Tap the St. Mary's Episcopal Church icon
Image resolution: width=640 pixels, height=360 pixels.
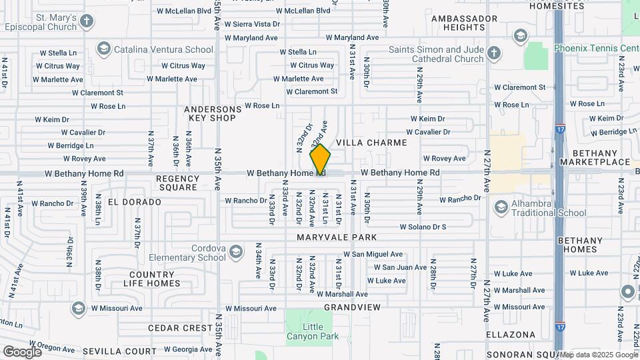tap(86, 21)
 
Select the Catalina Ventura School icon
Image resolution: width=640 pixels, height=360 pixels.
tap(103, 49)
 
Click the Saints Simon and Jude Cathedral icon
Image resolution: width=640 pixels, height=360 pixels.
tap(494, 53)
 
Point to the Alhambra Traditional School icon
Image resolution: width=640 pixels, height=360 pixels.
tap(501, 209)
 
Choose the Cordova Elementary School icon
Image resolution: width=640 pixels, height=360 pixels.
tap(235, 251)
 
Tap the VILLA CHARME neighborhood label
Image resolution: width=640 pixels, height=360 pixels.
tap(371, 143)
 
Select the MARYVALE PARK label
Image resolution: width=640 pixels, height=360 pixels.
tap(337, 237)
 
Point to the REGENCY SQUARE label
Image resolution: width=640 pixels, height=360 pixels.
tap(177, 183)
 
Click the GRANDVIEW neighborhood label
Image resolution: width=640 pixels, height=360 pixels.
tap(352, 307)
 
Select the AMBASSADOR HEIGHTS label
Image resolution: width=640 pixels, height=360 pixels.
tap(464, 23)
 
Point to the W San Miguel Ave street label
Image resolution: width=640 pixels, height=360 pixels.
tap(373, 254)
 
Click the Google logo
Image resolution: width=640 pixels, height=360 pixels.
tap(22, 351)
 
